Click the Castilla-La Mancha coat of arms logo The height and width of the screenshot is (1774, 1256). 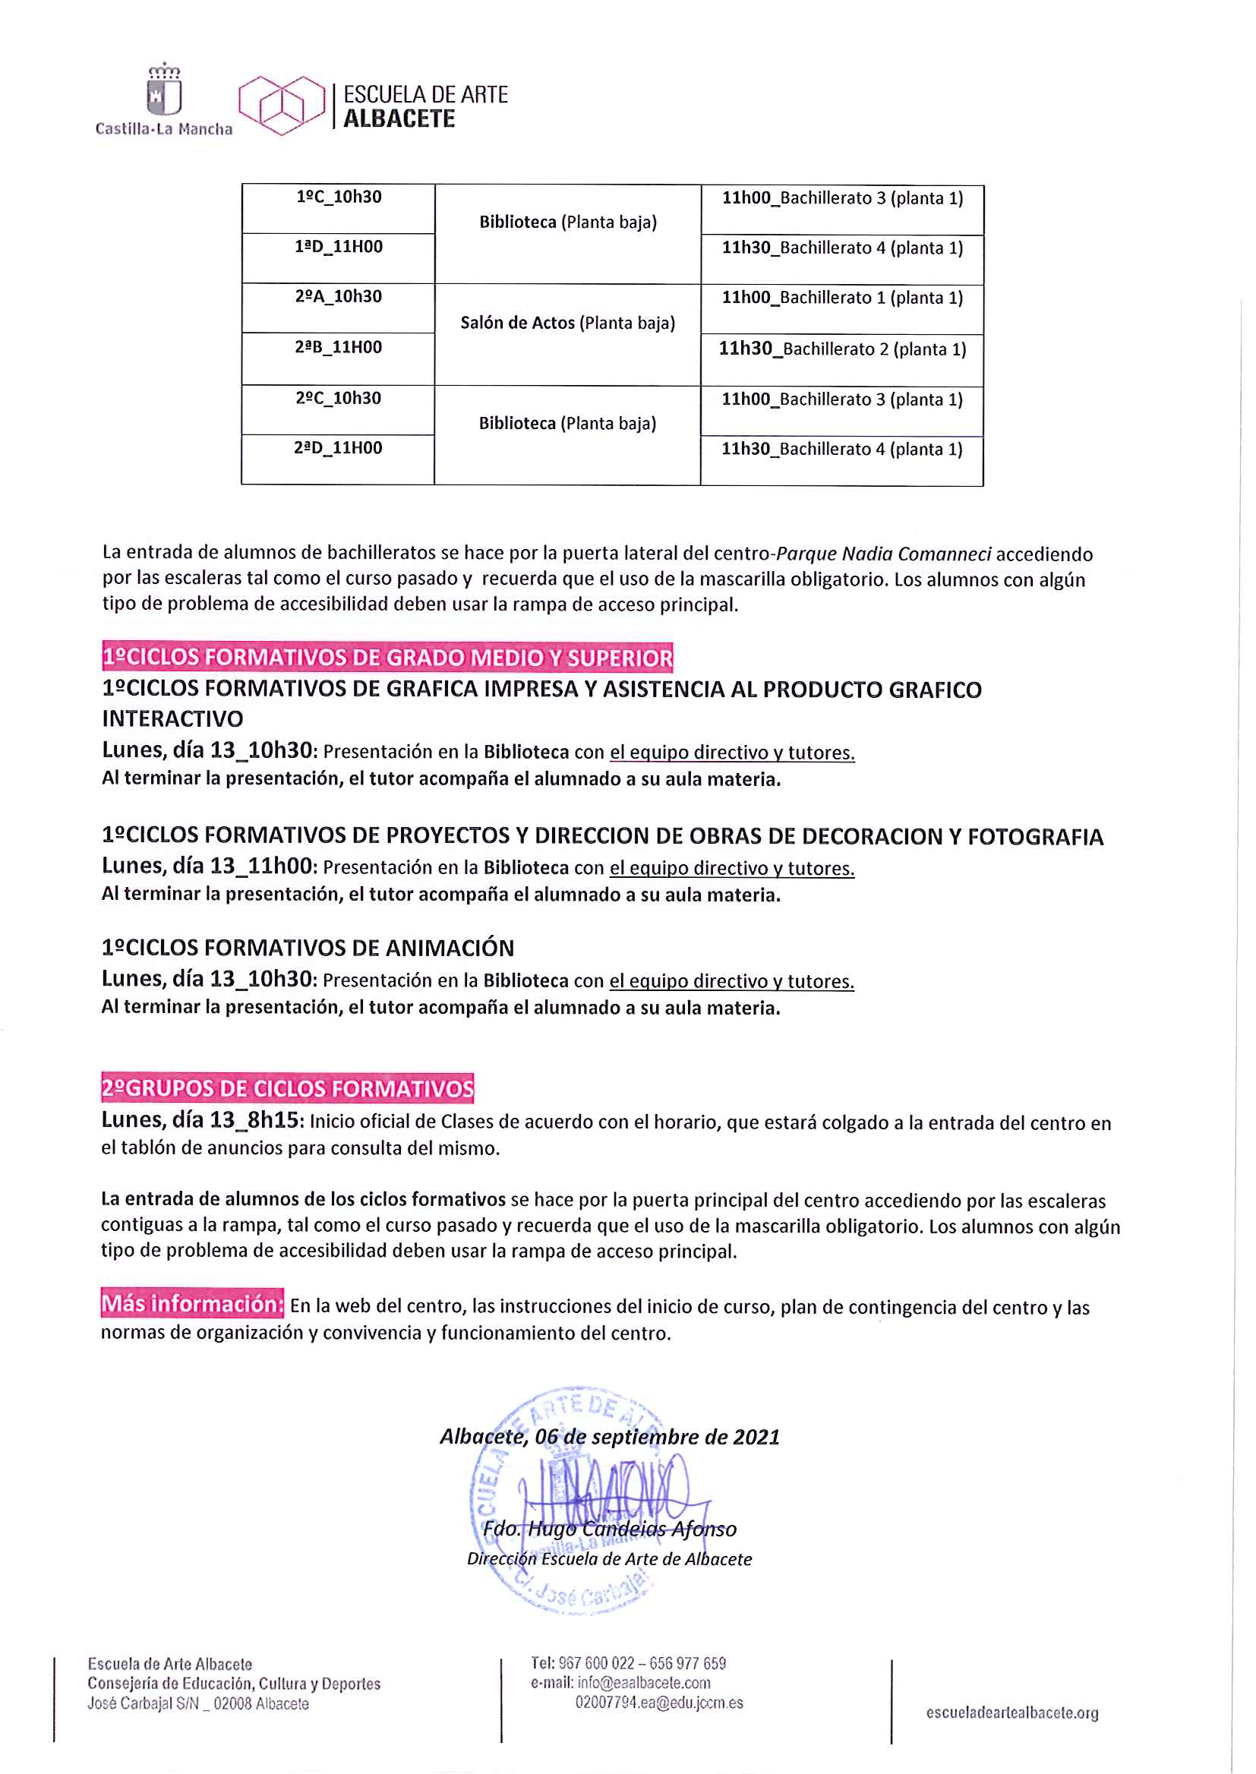(164, 91)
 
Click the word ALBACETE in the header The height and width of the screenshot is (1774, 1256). (399, 119)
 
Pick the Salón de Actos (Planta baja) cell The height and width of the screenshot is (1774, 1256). (568, 324)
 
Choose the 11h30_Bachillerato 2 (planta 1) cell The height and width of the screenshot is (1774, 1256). (842, 349)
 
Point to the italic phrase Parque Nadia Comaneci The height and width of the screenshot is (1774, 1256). (883, 554)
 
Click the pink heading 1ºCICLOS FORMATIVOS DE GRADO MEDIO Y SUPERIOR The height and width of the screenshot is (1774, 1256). (387, 658)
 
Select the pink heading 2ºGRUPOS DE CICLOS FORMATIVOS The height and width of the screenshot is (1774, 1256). (288, 1088)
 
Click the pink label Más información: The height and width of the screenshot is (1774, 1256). (193, 1304)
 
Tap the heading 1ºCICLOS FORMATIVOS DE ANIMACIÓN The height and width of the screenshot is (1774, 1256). (308, 948)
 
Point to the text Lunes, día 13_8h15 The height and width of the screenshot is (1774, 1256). (203, 1121)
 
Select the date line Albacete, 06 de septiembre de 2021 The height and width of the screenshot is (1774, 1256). (610, 1437)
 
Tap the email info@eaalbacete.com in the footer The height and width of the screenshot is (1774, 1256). (643, 1683)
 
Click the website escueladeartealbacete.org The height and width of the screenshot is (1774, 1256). (1011, 1713)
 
